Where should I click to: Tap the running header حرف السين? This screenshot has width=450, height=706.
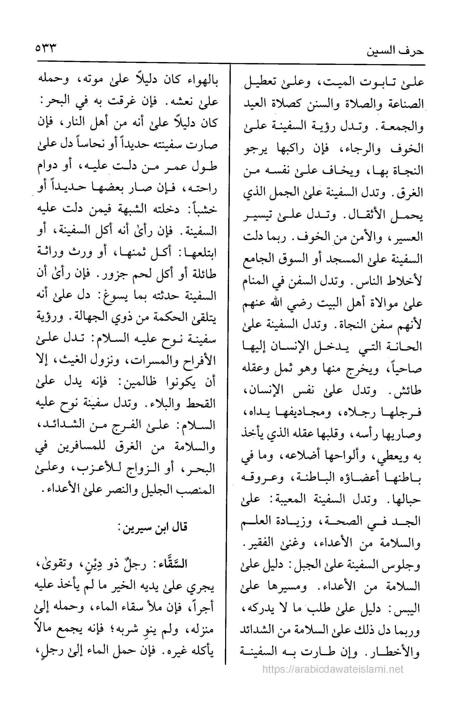[x=395, y=50]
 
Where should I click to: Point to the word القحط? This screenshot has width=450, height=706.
[x=201, y=405]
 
